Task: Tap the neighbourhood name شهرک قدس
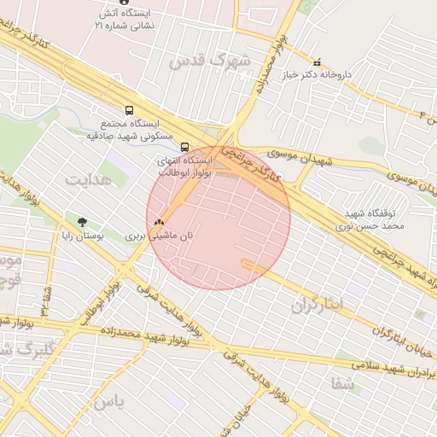pyautogui.click(x=210, y=61)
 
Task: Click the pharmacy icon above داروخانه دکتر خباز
pyautogui.click(x=318, y=62)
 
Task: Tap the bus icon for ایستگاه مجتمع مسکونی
pyautogui.click(x=129, y=110)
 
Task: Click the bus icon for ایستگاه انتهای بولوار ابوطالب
pyautogui.click(x=185, y=146)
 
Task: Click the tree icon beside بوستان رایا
pyautogui.click(x=82, y=223)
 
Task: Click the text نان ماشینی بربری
pyautogui.click(x=160, y=235)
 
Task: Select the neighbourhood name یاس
pyautogui.click(x=108, y=401)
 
